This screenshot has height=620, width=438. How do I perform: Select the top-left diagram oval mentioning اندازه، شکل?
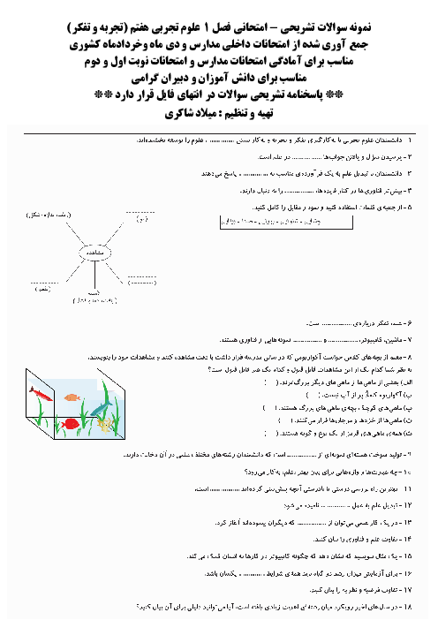coord(39,215)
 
